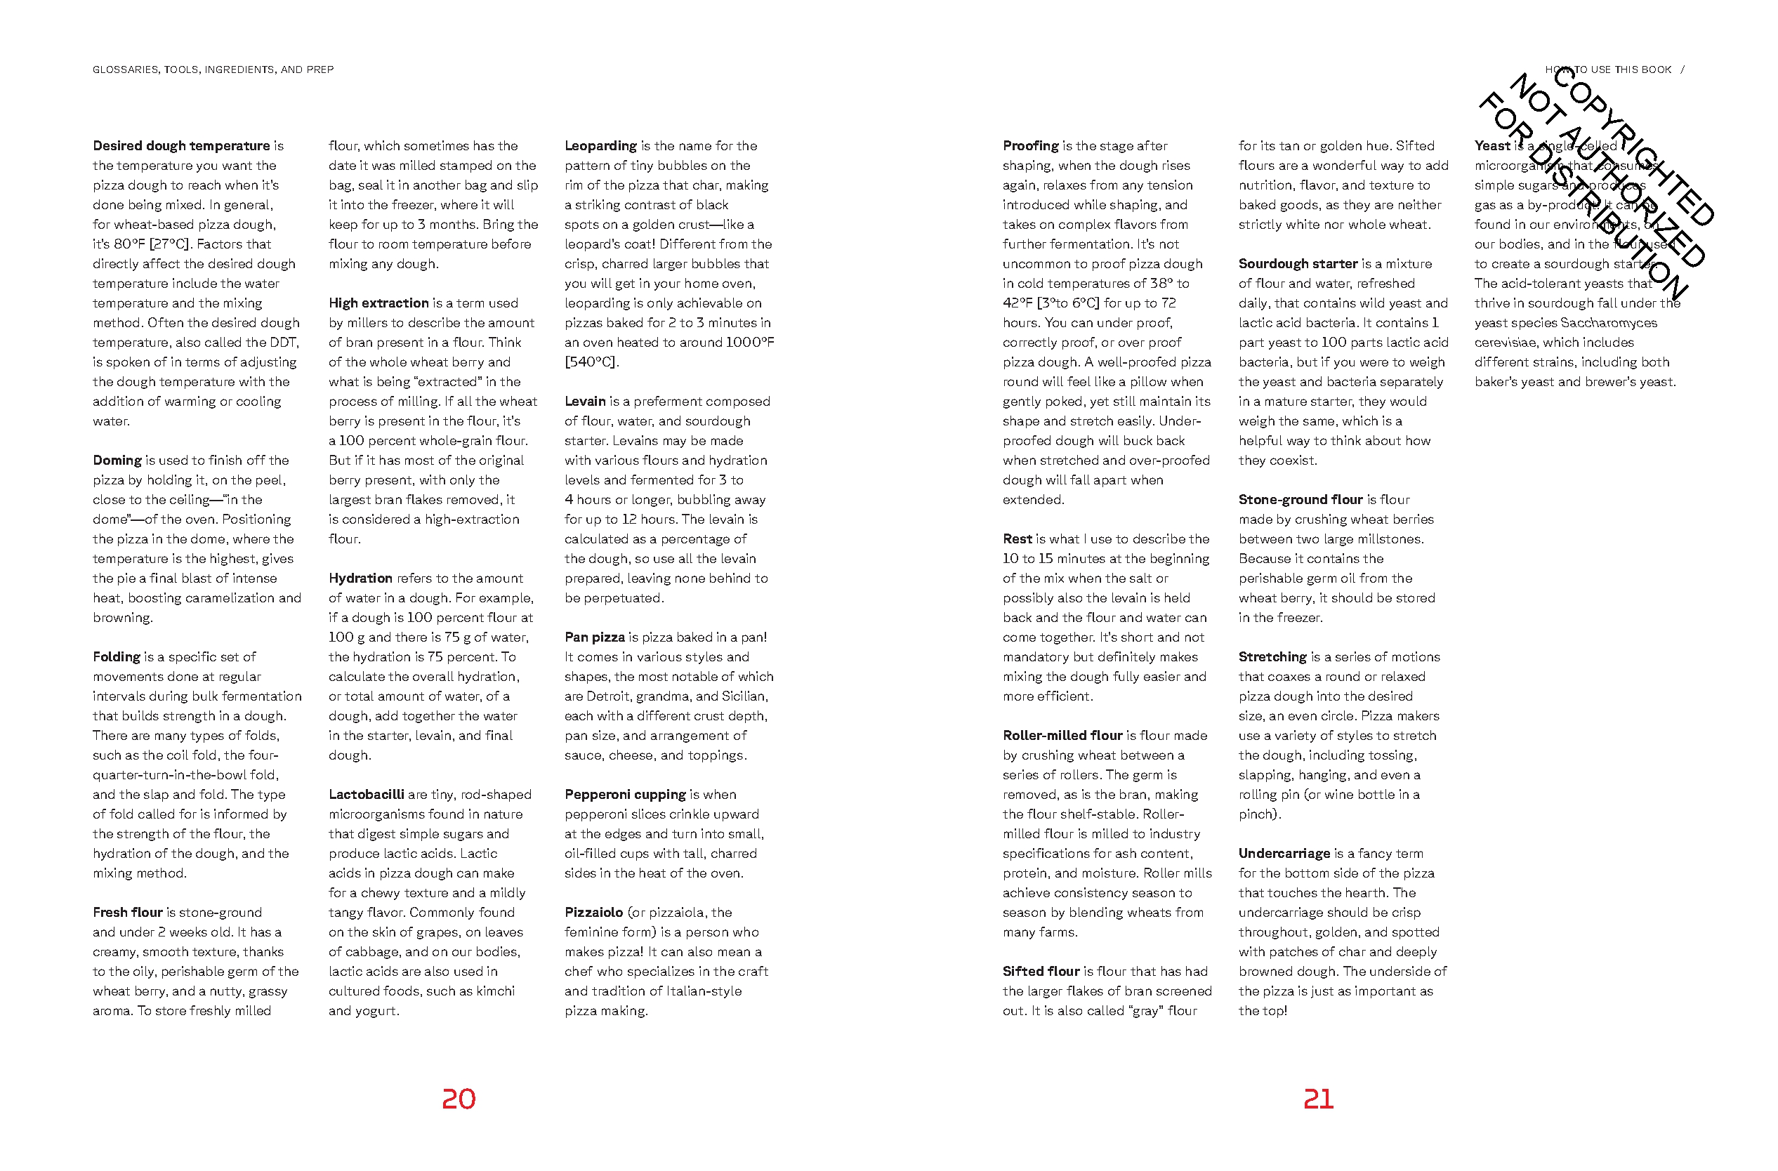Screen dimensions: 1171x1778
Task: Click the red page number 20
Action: [x=458, y=1099]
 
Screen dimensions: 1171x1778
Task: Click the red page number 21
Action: [x=1318, y=1099]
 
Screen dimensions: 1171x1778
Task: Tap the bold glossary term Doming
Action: [x=117, y=460]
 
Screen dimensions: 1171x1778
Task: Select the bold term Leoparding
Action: [x=600, y=145]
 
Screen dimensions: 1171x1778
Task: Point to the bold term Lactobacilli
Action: [x=366, y=794]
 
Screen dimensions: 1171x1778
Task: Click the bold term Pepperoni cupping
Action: [x=624, y=794]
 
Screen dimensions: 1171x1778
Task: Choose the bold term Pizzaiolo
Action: [x=593, y=912]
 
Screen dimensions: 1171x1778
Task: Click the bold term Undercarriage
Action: [x=1284, y=853]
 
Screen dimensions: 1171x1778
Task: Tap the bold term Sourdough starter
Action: [x=1298, y=264]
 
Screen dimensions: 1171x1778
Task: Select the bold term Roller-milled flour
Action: [x=1062, y=735]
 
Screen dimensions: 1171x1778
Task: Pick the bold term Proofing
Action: [x=1030, y=145]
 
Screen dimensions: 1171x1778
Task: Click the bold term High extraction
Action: [x=378, y=303]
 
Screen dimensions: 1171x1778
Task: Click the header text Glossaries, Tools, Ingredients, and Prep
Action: [x=213, y=70]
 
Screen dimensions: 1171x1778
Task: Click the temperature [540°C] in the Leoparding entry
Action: [x=591, y=362]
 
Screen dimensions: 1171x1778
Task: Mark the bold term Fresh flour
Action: [x=128, y=912]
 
